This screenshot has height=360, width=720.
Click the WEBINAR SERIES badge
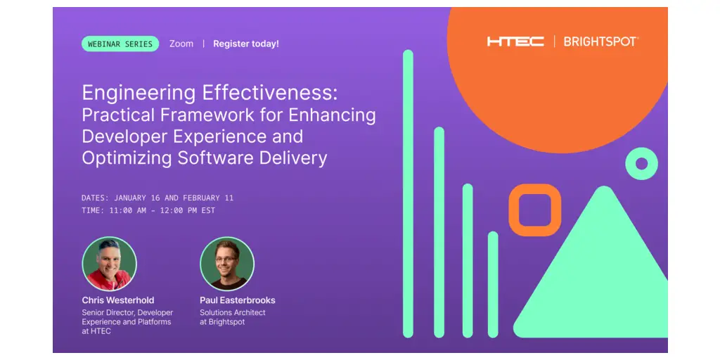[x=120, y=44]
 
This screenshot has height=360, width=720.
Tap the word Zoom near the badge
[x=181, y=44]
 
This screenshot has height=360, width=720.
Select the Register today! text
[x=246, y=44]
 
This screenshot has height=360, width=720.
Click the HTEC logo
[x=515, y=41]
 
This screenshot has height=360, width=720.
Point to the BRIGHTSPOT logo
[x=601, y=41]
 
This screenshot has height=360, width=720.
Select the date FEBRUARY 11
[x=208, y=198]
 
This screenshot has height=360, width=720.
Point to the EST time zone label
[x=208, y=211]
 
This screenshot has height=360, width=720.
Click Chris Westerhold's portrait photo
[x=109, y=264]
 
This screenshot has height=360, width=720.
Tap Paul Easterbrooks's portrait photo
[x=227, y=264]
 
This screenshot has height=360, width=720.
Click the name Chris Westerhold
[x=118, y=300]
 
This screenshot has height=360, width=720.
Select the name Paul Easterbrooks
[x=238, y=300]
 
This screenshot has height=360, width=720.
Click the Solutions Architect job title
[x=232, y=312]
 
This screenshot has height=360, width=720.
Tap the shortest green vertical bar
[x=493, y=285]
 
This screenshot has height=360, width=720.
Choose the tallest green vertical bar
[x=409, y=194]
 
